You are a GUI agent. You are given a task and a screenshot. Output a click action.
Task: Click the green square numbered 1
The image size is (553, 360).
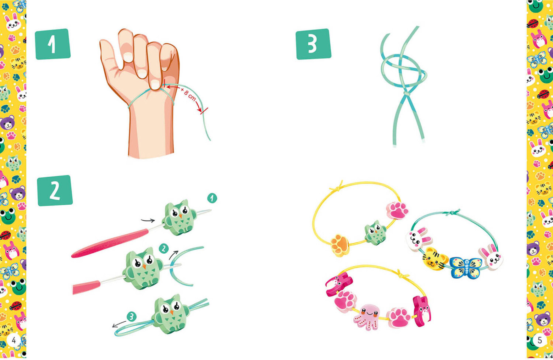click(53, 44)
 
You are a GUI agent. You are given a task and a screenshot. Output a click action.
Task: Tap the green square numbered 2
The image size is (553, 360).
click(55, 190)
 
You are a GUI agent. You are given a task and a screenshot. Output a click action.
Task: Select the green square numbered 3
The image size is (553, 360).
click(313, 44)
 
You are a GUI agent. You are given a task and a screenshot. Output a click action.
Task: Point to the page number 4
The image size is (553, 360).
click(14, 340)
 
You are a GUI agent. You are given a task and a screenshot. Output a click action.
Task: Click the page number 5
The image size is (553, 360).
click(540, 340)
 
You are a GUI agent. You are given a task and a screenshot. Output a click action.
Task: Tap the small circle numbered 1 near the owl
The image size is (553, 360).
click(212, 198)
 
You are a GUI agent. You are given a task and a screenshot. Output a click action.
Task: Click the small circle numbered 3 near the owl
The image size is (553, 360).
click(132, 316)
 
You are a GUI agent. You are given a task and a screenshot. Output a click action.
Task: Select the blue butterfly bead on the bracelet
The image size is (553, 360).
click(465, 267)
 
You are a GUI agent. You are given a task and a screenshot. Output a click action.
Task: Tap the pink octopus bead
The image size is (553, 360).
click(368, 317)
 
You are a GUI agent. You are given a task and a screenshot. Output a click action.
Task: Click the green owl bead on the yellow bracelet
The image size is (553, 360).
click(376, 233)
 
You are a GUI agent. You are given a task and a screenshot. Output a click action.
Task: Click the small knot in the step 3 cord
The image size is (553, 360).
click(406, 94)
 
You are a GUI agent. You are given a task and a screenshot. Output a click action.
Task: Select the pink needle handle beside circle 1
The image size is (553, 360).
click(110, 243)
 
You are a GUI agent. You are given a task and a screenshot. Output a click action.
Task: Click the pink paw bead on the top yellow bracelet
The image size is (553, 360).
click(397, 210)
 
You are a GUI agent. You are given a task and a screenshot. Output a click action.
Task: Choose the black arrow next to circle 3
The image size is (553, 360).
click(119, 324)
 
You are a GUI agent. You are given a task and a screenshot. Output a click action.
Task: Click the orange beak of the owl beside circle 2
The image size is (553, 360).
click(144, 266)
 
